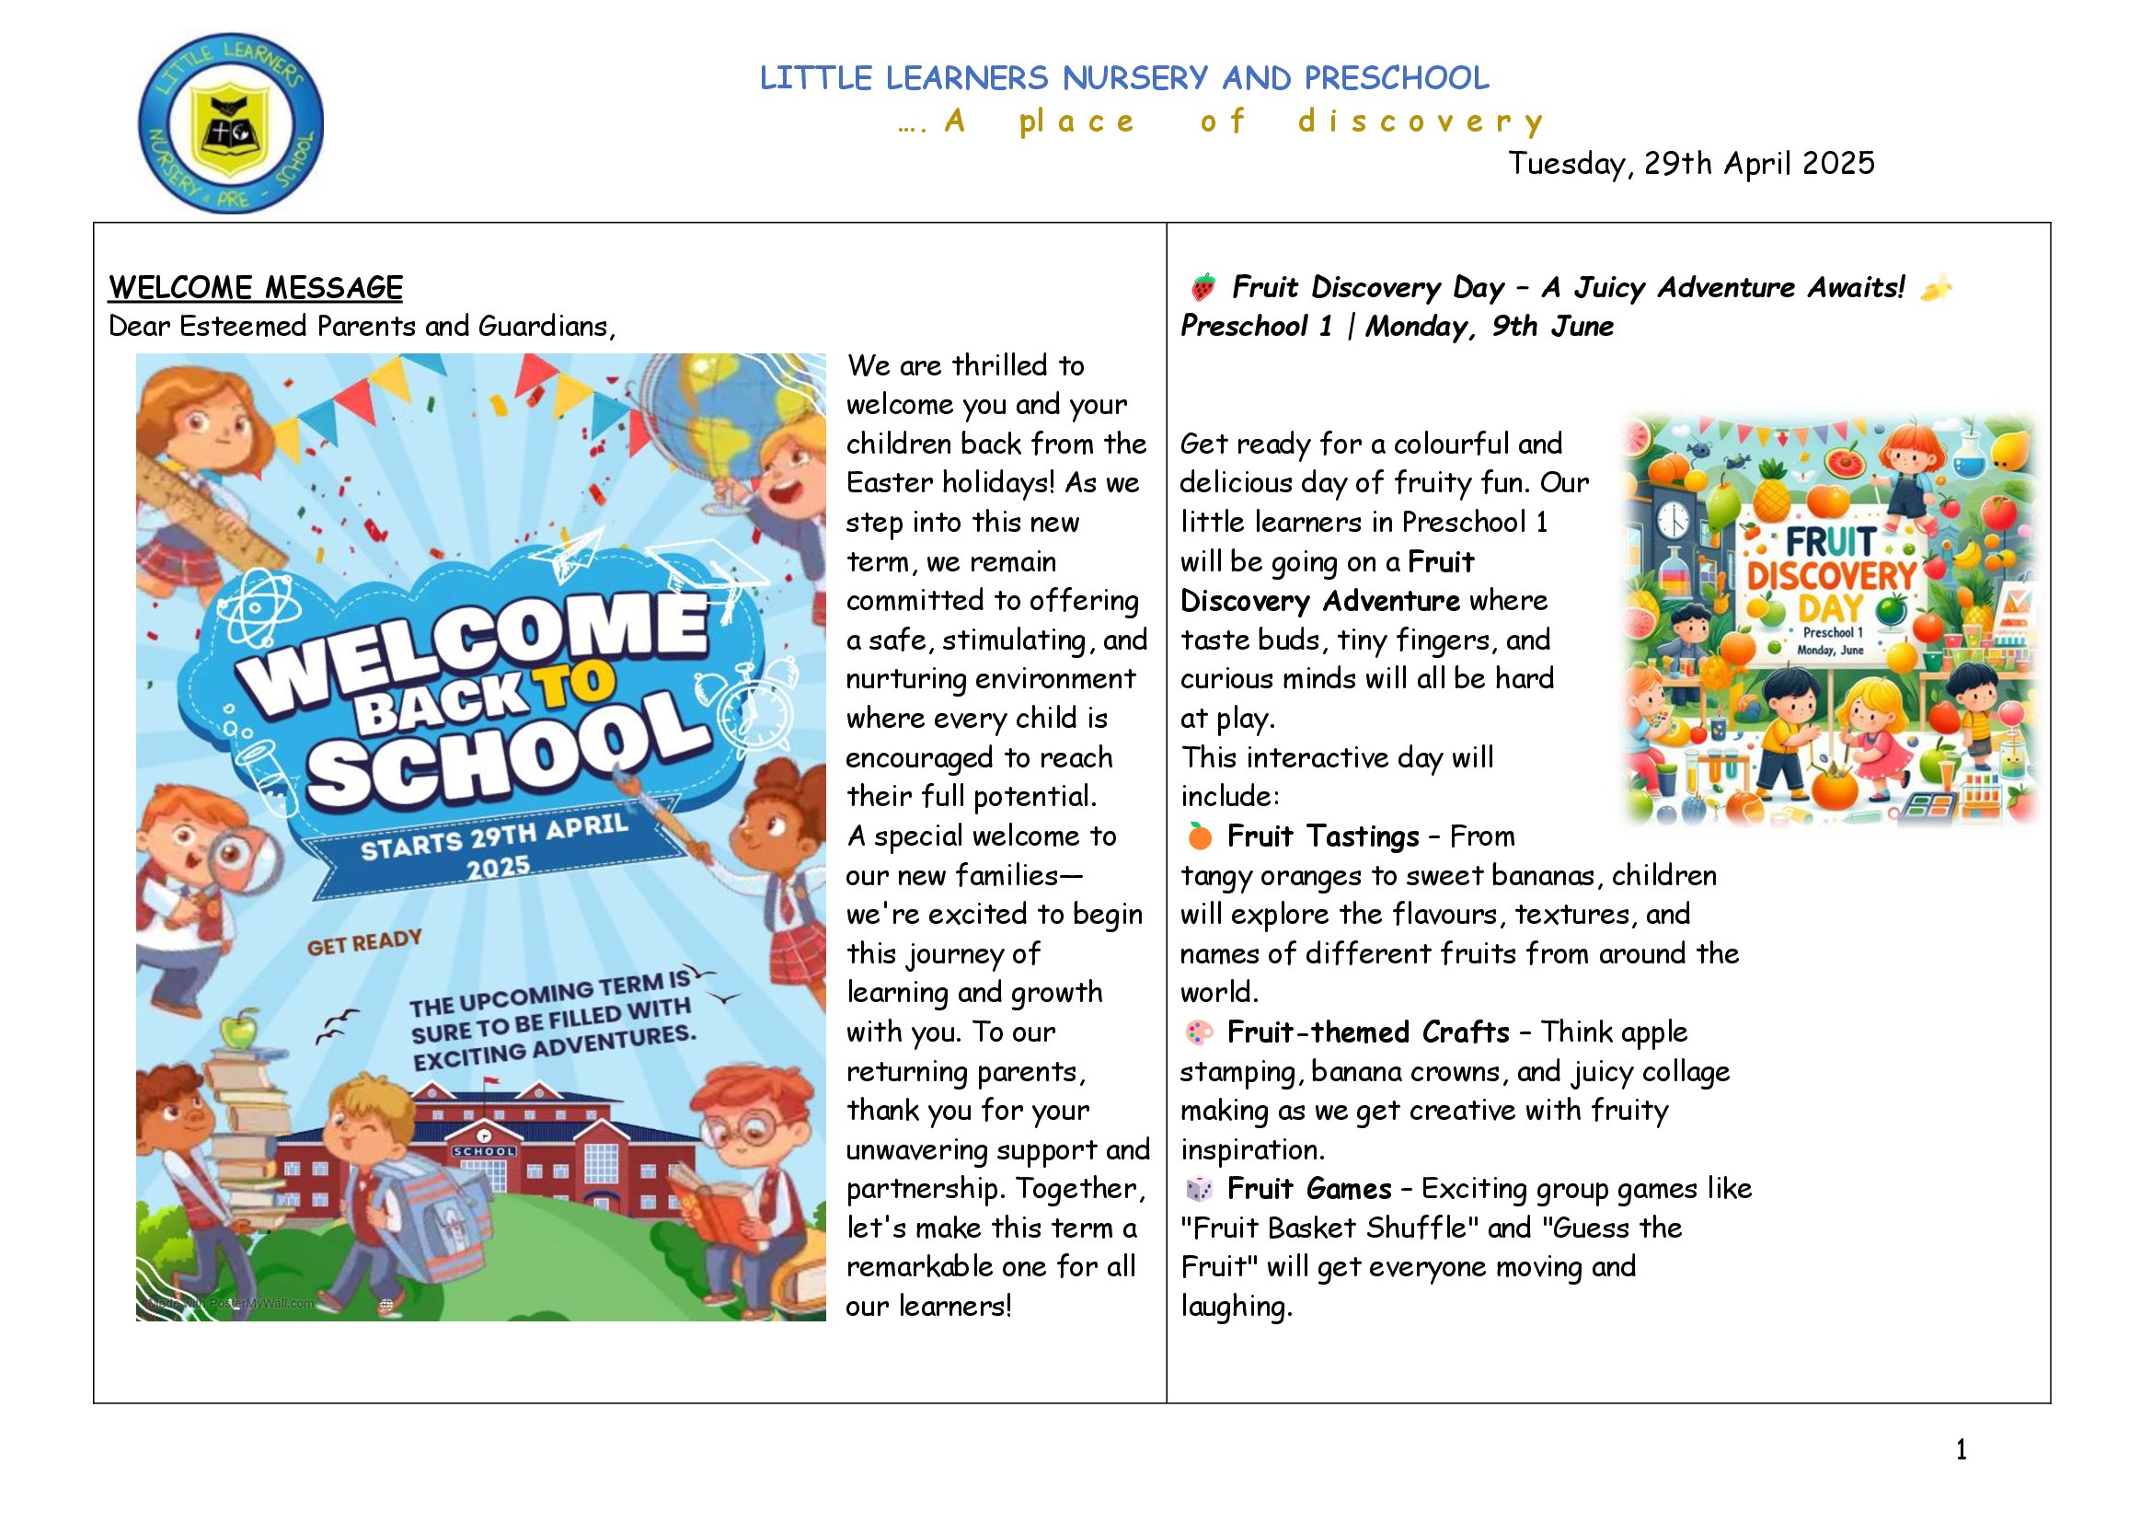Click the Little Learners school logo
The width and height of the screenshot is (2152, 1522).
(231, 122)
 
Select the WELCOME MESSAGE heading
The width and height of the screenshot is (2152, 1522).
(255, 287)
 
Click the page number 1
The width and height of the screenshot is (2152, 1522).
(1961, 1450)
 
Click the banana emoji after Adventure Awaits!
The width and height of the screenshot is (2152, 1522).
(1936, 289)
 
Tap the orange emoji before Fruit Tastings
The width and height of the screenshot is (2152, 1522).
(1200, 835)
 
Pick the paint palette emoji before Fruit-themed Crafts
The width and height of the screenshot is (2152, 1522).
(1200, 1032)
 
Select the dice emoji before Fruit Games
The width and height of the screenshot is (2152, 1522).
(1200, 1189)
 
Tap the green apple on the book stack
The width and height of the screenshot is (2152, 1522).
(241, 1031)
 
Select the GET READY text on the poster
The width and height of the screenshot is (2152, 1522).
(364, 943)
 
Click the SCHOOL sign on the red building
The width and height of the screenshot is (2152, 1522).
(484, 1151)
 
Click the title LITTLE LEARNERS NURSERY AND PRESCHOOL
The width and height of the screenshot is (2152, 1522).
(1123, 78)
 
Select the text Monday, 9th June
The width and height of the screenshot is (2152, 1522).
(1490, 326)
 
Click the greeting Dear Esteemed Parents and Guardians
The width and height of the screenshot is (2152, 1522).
(362, 326)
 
